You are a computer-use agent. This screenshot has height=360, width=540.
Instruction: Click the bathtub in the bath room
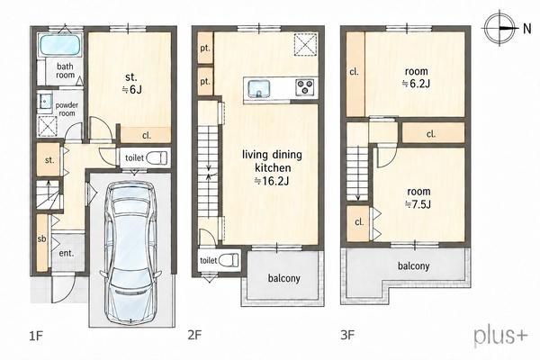coord(60,45)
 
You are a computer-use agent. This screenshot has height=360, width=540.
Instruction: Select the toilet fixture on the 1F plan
coord(156,158)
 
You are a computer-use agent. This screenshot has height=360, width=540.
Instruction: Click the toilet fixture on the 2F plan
coord(229,260)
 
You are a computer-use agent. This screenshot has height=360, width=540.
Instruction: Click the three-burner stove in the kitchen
coord(304,86)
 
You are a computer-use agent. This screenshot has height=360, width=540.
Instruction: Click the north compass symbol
coord(500,28)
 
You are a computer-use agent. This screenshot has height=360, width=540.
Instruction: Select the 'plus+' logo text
coord(500,336)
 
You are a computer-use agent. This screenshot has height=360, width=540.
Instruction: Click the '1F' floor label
coord(36,335)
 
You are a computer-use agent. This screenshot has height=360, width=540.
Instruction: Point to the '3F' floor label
coord(347,335)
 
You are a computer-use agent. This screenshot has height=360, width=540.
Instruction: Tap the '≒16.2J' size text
coord(272,181)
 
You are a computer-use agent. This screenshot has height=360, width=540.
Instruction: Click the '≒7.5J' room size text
coord(418,204)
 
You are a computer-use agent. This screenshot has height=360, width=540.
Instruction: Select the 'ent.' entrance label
coord(67,253)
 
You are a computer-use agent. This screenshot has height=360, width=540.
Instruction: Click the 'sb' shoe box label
coord(41,238)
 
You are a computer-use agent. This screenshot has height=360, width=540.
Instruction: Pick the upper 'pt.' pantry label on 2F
coord(205,49)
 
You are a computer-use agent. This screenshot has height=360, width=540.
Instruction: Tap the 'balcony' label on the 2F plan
coord(284,278)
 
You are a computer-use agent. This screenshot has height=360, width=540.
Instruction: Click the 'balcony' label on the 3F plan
coord(414,266)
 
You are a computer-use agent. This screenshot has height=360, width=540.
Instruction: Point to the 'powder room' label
coord(67,109)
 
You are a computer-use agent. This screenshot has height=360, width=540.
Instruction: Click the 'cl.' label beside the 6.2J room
coord(354,72)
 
